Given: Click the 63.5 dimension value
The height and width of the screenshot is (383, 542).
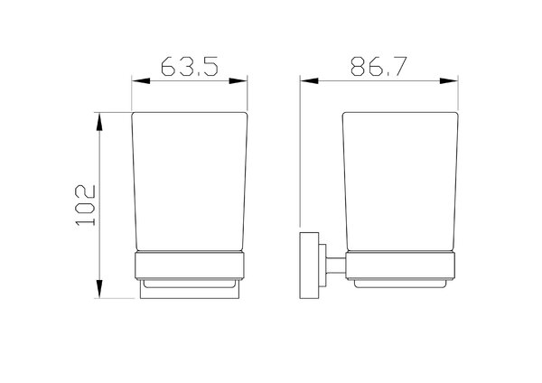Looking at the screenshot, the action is coord(190,66).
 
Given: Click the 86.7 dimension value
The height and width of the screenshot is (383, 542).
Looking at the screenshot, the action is coord(378,66).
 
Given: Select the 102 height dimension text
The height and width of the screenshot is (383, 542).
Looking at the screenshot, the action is coord(85,205).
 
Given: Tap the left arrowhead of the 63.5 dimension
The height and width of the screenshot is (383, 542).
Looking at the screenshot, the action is coord(141,81).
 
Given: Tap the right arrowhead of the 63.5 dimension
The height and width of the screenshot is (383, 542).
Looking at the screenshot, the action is coord(238,81).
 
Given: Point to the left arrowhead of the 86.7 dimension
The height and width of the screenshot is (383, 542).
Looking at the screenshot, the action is coord(309,81).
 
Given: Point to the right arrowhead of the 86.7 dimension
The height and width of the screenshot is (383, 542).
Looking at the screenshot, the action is coord(449,81).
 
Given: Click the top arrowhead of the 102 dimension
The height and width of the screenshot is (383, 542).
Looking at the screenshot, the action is coord(99,122).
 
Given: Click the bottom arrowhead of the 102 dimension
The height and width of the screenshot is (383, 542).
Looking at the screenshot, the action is coord(99,289).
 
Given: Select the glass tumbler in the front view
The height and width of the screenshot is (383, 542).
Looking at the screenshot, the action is coord(190,182).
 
